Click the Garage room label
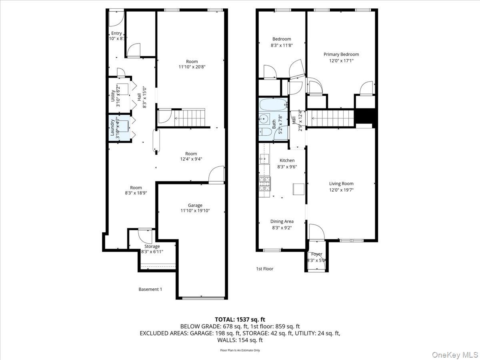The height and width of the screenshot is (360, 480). coord(195,205)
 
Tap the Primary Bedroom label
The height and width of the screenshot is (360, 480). coord(341,54)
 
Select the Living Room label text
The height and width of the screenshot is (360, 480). coord(341,184)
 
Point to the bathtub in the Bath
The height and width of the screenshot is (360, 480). coord(274,105)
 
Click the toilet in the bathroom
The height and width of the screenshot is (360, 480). coord(264,132)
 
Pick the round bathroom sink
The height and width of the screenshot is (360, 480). coord(263,118)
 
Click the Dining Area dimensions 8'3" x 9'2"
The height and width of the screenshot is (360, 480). coord(282,228)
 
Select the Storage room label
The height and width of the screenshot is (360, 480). coord(152,246)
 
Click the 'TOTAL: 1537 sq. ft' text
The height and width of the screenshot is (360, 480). coord(240,319)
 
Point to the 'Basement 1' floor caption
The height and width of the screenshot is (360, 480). coord(150,289)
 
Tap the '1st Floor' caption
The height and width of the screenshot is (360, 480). coord(265,269)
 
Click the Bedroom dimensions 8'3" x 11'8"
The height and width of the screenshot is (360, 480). coord(282,46)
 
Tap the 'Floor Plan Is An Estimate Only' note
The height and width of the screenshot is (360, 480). coord(240,350)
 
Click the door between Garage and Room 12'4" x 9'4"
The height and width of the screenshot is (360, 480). coord(216,175)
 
